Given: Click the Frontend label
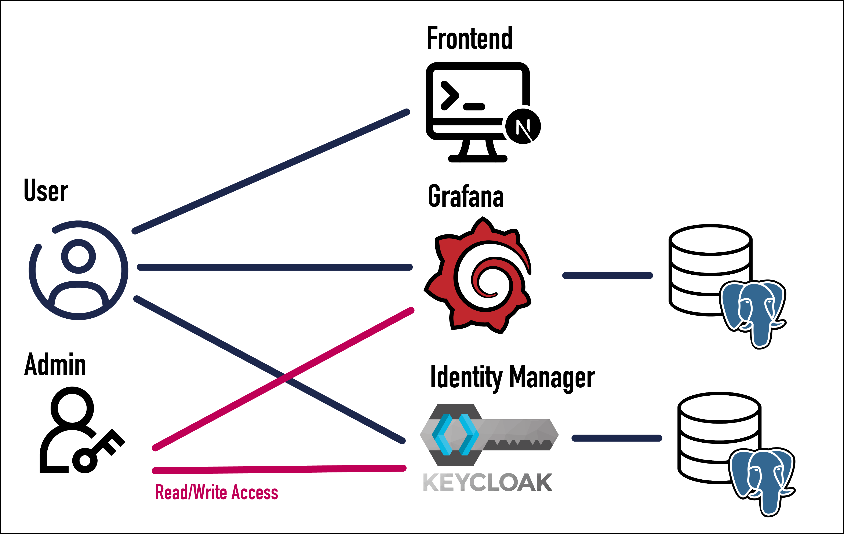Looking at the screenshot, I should tap(469, 39).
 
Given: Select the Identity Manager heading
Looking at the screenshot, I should tap(512, 378).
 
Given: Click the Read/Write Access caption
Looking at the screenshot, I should tap(217, 492).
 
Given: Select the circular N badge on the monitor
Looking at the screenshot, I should tap(523, 126).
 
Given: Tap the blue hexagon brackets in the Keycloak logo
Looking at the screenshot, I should tap(455, 435).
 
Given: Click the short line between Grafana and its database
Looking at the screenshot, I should tap(607, 275).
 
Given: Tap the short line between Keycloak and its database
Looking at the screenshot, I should tap(616, 438).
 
